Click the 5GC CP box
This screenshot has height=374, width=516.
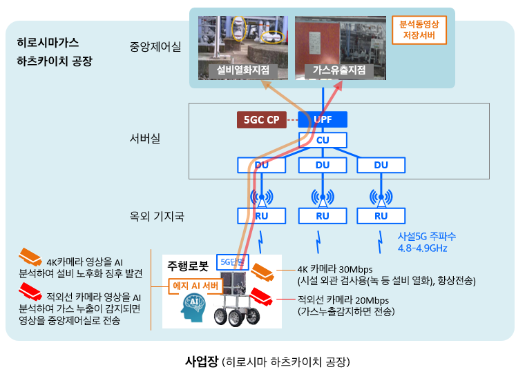pos(262,119)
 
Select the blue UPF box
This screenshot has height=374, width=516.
pos(323,119)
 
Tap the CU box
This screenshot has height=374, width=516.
pos(323,140)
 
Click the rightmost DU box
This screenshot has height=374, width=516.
pos(381,165)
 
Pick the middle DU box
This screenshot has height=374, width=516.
pos(323,165)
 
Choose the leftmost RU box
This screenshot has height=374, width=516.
pos(262,216)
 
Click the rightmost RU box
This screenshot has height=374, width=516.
pos(381,216)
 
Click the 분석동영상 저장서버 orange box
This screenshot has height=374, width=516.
pos(419,30)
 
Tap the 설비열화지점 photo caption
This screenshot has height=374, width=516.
pos(243,70)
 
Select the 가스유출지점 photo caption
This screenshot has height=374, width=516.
pos(339,70)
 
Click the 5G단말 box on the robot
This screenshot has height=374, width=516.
pos(232,262)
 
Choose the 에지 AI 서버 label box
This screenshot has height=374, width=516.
pos(195,286)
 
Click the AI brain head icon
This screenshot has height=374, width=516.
pos(193,307)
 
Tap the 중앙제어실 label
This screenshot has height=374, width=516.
pos(155,47)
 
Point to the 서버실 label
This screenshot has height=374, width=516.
pos(145,139)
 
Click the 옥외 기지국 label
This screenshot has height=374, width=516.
pos(157,216)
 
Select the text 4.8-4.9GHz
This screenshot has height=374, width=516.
pos(422,248)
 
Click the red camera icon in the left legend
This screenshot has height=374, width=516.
pos(30,291)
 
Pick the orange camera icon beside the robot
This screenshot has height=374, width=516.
pos(262,272)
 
